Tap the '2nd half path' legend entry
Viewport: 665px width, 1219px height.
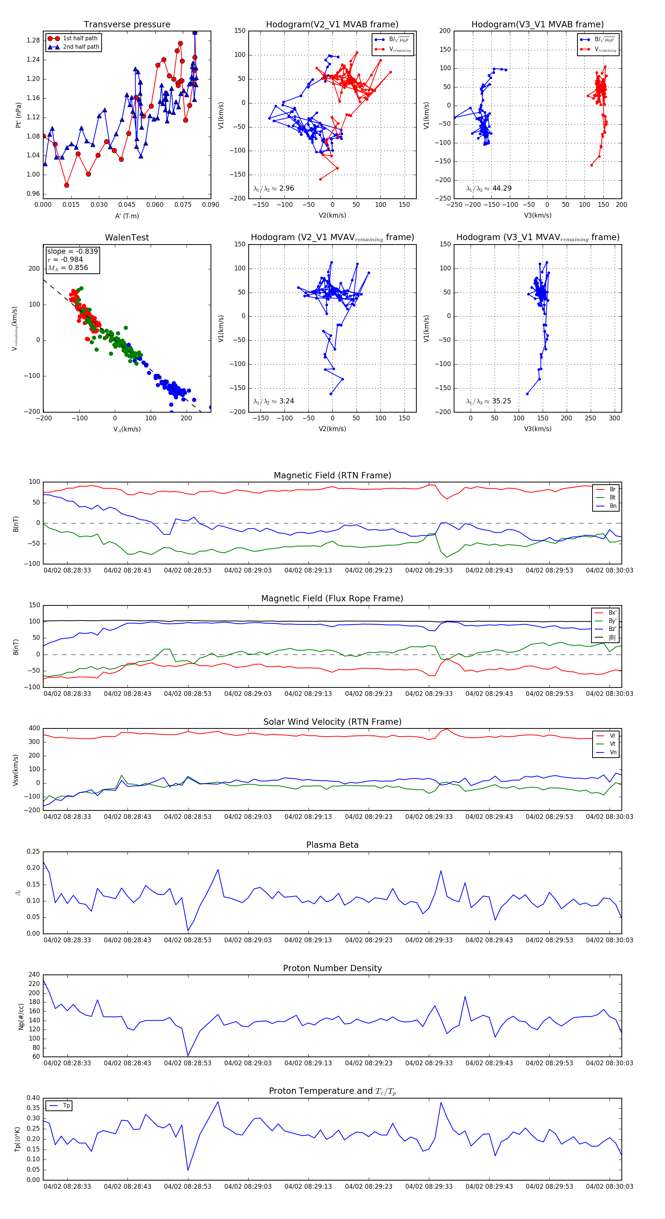pos(81,47)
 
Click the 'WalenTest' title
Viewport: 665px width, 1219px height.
pos(127,238)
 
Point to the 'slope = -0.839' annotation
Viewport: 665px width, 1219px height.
pos(72,251)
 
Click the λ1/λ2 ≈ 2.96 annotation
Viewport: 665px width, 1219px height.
pos(273,188)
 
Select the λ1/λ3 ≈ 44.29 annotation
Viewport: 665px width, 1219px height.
pos(488,188)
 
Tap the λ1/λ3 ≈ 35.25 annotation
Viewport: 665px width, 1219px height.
pos(488,401)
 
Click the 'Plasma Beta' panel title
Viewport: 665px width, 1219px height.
pos(332,845)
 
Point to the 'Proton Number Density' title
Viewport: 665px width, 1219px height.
pos(332,968)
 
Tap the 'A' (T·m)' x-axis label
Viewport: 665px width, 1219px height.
pos(127,216)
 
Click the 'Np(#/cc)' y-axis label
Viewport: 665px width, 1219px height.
pos(21,1016)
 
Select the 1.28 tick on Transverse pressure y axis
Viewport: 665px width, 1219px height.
pos(33,41)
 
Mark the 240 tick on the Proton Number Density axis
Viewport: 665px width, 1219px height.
pos(34,975)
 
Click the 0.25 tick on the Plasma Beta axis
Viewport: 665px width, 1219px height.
pos(33,852)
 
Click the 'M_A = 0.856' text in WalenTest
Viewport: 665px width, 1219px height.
pos(68,268)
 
